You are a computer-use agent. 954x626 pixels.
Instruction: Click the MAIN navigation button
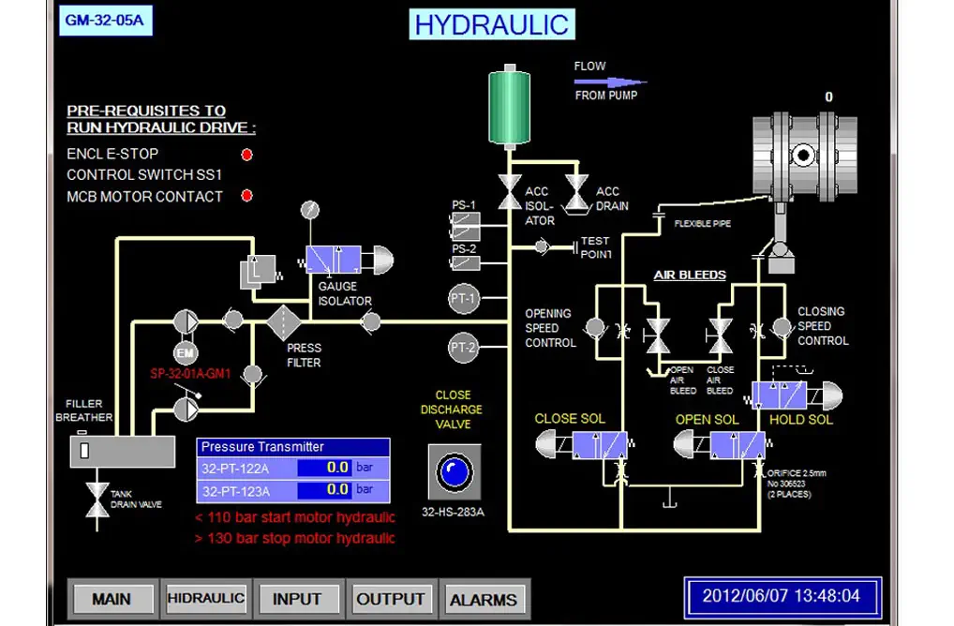[111, 599]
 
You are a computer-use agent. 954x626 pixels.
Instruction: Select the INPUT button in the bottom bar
[297, 599]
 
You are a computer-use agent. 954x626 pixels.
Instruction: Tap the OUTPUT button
[391, 599]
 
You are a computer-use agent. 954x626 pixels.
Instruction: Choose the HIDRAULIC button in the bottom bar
[205, 598]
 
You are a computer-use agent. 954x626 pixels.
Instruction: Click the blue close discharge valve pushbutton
[453, 472]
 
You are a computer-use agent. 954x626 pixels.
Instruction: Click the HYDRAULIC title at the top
[492, 24]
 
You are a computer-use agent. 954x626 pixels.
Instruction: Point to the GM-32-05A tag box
[105, 21]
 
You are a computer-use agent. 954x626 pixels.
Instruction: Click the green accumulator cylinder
[509, 109]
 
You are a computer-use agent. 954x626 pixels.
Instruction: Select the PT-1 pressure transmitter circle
[464, 299]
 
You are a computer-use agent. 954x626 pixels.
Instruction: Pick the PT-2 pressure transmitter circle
[464, 348]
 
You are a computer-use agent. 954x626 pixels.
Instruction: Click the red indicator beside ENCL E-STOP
[247, 155]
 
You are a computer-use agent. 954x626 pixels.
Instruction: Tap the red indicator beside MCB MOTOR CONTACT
[247, 197]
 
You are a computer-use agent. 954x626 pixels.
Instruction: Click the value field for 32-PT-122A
[324, 467]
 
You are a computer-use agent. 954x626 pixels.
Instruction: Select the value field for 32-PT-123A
[324, 490]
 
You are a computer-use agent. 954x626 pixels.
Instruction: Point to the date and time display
[782, 596]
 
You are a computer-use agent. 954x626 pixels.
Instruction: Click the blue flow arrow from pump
[610, 82]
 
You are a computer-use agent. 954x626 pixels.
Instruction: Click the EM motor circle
[185, 352]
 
